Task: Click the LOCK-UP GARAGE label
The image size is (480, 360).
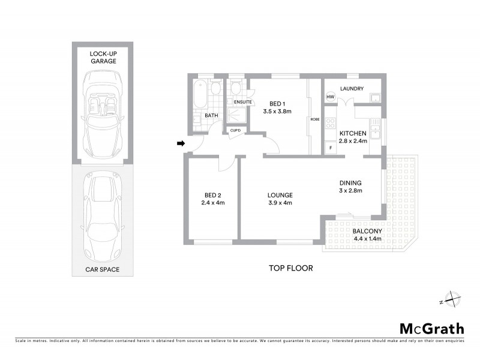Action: [103, 57]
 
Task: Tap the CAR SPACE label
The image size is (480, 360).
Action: [103, 269]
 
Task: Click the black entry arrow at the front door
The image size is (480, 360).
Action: [180, 143]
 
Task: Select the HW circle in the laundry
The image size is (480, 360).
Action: [330, 97]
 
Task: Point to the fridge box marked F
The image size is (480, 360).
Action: [330, 147]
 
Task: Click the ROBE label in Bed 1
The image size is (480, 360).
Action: [315, 119]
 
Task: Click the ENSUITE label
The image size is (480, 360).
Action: [243, 102]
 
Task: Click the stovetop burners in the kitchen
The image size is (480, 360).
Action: [330, 124]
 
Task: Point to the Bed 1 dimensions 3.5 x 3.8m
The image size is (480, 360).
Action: [277, 111]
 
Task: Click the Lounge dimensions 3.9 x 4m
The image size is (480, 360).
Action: [280, 203]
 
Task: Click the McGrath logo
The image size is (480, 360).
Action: [431, 328]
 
